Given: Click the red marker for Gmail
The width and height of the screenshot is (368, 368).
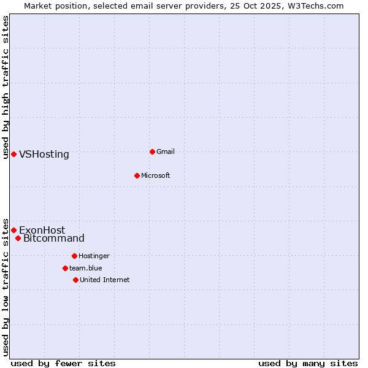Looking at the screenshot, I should click(153, 151).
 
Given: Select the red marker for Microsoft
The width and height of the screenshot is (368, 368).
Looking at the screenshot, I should click(137, 175).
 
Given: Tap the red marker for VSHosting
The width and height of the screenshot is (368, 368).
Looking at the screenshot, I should click(13, 154).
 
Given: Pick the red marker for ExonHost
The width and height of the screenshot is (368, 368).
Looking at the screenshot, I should click(13, 230).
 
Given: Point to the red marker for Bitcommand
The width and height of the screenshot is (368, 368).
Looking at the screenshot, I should click(18, 238).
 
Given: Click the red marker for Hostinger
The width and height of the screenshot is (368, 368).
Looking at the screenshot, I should click(74, 256).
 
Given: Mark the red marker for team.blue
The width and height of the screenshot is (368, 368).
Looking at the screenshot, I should click(65, 268).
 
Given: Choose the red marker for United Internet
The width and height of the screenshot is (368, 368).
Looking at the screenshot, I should click(75, 280).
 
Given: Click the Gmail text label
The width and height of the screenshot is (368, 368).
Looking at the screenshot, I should click(166, 151).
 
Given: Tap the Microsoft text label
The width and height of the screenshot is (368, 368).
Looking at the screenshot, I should click(156, 175).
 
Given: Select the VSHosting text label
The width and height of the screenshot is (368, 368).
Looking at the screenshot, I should click(44, 154).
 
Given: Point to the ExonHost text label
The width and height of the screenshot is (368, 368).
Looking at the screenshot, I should click(42, 230).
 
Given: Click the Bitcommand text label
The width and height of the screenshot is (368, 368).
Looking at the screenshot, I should click(54, 238).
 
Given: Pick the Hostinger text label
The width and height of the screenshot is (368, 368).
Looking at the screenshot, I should click(94, 256).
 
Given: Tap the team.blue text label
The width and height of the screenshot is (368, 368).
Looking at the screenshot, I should click(86, 268).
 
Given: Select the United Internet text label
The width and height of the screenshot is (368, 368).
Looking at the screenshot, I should click(105, 280).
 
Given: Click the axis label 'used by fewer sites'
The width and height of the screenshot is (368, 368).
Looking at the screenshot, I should click(63, 363).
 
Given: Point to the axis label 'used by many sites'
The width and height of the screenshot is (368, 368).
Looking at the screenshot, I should click(308, 363).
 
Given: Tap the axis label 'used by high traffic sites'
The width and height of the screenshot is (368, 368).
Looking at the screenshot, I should click(6, 87).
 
